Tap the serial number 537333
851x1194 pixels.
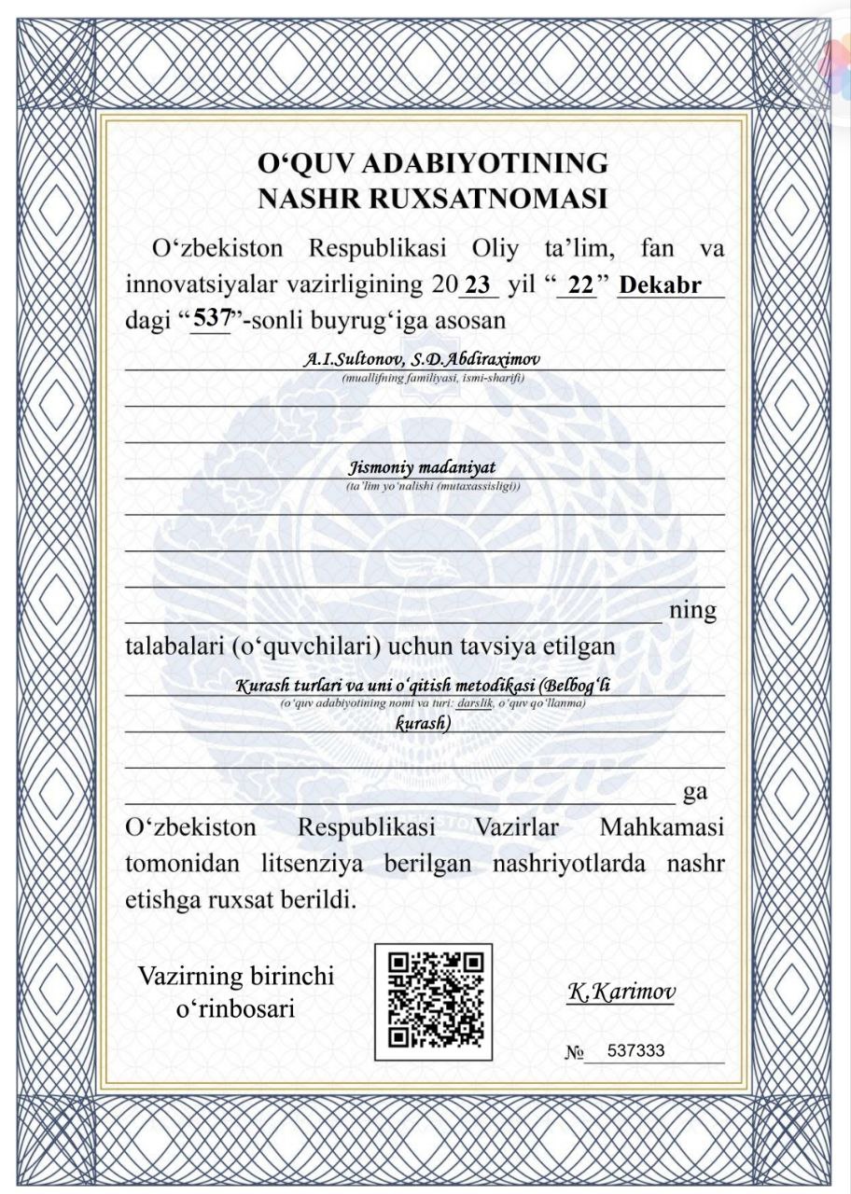point(635,1050)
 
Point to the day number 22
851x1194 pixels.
point(581,285)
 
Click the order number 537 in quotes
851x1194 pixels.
point(211,318)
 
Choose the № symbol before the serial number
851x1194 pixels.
point(574,1053)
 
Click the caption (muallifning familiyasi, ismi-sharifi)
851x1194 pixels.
point(433,378)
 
